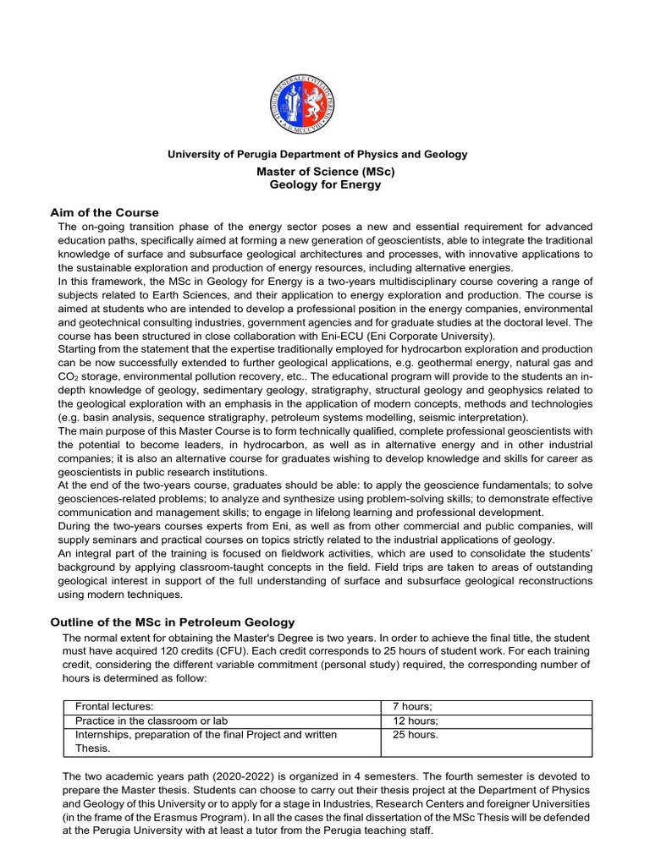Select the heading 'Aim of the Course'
click(104, 211)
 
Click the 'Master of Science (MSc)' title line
click(325, 171)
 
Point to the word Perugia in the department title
click(262, 154)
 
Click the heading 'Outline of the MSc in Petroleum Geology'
click(172, 622)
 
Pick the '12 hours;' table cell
click(416, 721)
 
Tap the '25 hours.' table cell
click(416, 735)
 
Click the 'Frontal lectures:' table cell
click(114, 706)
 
